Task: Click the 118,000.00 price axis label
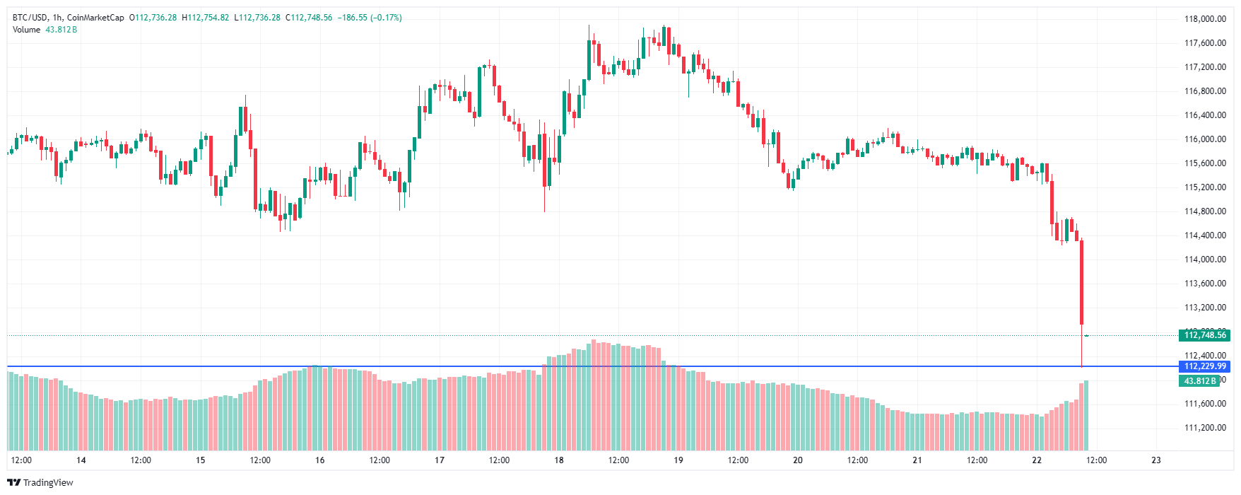(x=1205, y=19)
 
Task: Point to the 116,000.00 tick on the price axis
(x=1205, y=139)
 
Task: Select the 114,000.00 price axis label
(x=1205, y=260)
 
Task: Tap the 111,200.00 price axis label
(x=1205, y=428)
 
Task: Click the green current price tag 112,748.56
(x=1205, y=335)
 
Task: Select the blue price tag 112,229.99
(x=1205, y=366)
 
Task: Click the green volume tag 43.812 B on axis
(x=1200, y=381)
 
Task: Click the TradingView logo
(x=40, y=482)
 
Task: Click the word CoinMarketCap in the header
(x=95, y=18)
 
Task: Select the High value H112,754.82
(x=206, y=18)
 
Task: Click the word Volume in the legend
(x=27, y=30)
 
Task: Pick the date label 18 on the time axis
(x=559, y=460)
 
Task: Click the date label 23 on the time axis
(x=1156, y=460)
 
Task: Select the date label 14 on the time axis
(x=81, y=460)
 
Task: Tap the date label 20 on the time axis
(x=798, y=460)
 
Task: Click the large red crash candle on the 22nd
(x=1081, y=283)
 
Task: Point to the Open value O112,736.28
(x=153, y=18)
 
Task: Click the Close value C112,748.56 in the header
(x=309, y=18)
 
